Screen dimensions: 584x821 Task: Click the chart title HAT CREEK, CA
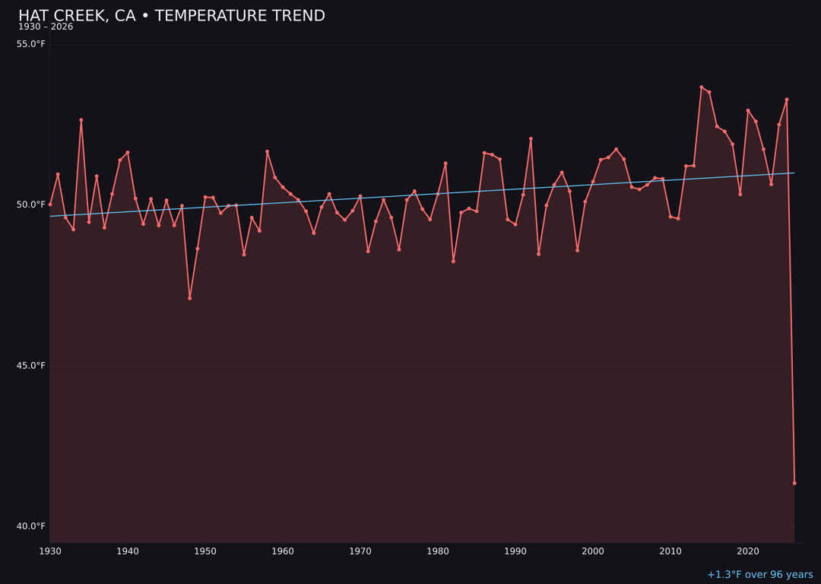[171, 16]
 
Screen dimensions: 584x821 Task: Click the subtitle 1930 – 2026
[46, 27]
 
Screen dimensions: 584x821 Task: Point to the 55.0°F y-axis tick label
[31, 44]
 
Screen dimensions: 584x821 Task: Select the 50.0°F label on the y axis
[31, 205]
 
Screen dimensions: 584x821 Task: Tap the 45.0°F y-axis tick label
[31, 366]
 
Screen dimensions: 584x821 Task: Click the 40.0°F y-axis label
[31, 526]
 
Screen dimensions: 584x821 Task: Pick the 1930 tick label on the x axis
[50, 551]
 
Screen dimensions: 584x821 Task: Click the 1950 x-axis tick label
[205, 551]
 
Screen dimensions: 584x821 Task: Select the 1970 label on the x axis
[360, 551]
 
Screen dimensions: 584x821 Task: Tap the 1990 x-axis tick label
[515, 551]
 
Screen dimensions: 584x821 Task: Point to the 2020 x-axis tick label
[748, 551]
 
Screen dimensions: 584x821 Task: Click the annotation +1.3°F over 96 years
[759, 575]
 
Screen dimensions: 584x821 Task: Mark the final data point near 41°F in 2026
[794, 483]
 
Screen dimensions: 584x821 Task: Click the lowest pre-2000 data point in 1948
[189, 298]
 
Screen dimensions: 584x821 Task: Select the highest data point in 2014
[702, 87]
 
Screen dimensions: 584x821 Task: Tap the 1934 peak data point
[81, 120]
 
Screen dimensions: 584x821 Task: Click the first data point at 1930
[50, 205]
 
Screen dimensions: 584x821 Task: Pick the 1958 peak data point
[267, 151]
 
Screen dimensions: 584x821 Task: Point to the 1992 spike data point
[531, 139]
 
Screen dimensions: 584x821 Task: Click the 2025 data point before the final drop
[787, 100]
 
